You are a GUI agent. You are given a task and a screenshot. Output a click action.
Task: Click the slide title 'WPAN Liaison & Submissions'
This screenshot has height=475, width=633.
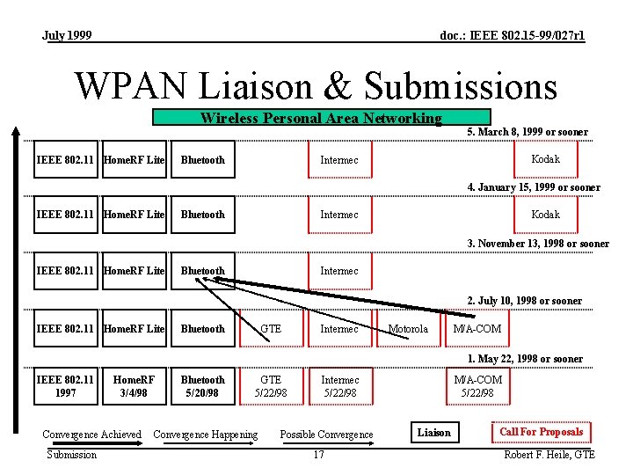point(316,86)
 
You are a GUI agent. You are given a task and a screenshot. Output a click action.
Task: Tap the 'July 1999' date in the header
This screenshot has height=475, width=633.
point(67,36)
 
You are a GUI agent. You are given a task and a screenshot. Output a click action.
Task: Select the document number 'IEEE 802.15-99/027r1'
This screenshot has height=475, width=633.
point(512,36)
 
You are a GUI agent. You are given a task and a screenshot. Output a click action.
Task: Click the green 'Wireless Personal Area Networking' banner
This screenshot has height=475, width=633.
point(321,118)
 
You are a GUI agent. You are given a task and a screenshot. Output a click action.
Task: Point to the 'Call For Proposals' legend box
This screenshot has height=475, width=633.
point(541,432)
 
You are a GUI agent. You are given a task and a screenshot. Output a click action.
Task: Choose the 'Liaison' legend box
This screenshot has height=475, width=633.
point(433,432)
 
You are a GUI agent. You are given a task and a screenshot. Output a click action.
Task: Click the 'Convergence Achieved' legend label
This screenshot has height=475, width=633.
point(91,434)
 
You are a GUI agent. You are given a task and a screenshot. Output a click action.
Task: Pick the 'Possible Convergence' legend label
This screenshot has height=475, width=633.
point(326,435)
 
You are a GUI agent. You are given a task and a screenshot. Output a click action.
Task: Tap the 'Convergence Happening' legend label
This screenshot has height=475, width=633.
point(206,434)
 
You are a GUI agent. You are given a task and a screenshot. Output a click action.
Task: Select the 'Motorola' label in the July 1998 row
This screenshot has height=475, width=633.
point(408,329)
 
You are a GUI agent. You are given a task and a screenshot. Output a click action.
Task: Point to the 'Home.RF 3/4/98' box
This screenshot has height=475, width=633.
point(134,386)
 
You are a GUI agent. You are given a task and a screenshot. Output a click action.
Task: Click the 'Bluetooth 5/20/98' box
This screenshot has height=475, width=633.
point(203,386)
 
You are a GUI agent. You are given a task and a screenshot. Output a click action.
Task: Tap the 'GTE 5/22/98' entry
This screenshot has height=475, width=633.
point(271,386)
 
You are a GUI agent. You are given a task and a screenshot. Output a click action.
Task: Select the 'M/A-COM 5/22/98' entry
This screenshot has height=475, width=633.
point(477,386)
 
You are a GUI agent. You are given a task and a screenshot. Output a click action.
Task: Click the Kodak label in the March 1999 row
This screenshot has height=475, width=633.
point(546,159)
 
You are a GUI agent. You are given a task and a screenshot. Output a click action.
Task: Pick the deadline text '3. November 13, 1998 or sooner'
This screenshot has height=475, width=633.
point(538,244)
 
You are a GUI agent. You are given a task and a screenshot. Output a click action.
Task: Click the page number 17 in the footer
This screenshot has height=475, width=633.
point(318,455)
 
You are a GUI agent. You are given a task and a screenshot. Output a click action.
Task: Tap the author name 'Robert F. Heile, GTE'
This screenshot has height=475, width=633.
point(549,455)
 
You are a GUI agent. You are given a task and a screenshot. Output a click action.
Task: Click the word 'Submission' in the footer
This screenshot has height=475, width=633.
point(72,455)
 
